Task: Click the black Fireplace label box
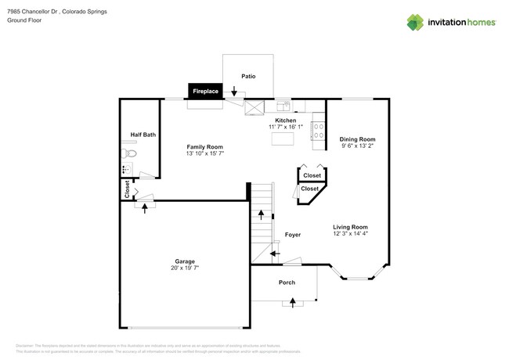coord(206,92)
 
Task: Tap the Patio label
coord(248,77)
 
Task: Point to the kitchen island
coord(281,139)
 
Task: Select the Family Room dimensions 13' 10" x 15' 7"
coord(204,154)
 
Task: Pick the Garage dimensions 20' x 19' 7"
coord(184,268)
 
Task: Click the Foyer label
coord(293,235)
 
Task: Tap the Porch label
coord(287,283)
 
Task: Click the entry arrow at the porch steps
coord(294,302)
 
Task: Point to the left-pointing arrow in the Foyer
coord(275,253)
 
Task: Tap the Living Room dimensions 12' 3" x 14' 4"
coord(350,233)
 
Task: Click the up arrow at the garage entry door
coord(144,207)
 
